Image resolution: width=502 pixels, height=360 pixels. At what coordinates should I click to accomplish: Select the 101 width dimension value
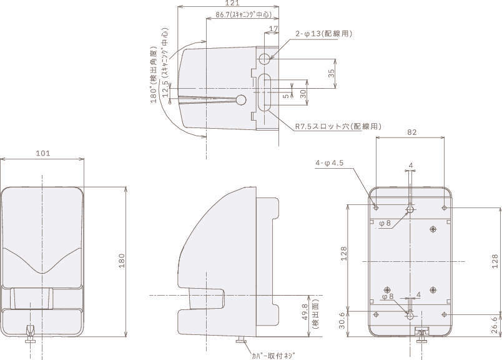(x=43, y=152)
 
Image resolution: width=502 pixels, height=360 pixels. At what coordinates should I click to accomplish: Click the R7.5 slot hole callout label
(x=338, y=126)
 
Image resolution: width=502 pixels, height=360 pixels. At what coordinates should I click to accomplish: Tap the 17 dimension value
(x=273, y=29)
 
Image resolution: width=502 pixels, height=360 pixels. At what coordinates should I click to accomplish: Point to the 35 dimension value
(x=331, y=72)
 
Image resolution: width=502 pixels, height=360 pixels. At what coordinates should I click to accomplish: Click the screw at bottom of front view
(x=30, y=333)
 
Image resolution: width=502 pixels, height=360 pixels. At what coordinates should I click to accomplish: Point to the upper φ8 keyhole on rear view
(x=410, y=209)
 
